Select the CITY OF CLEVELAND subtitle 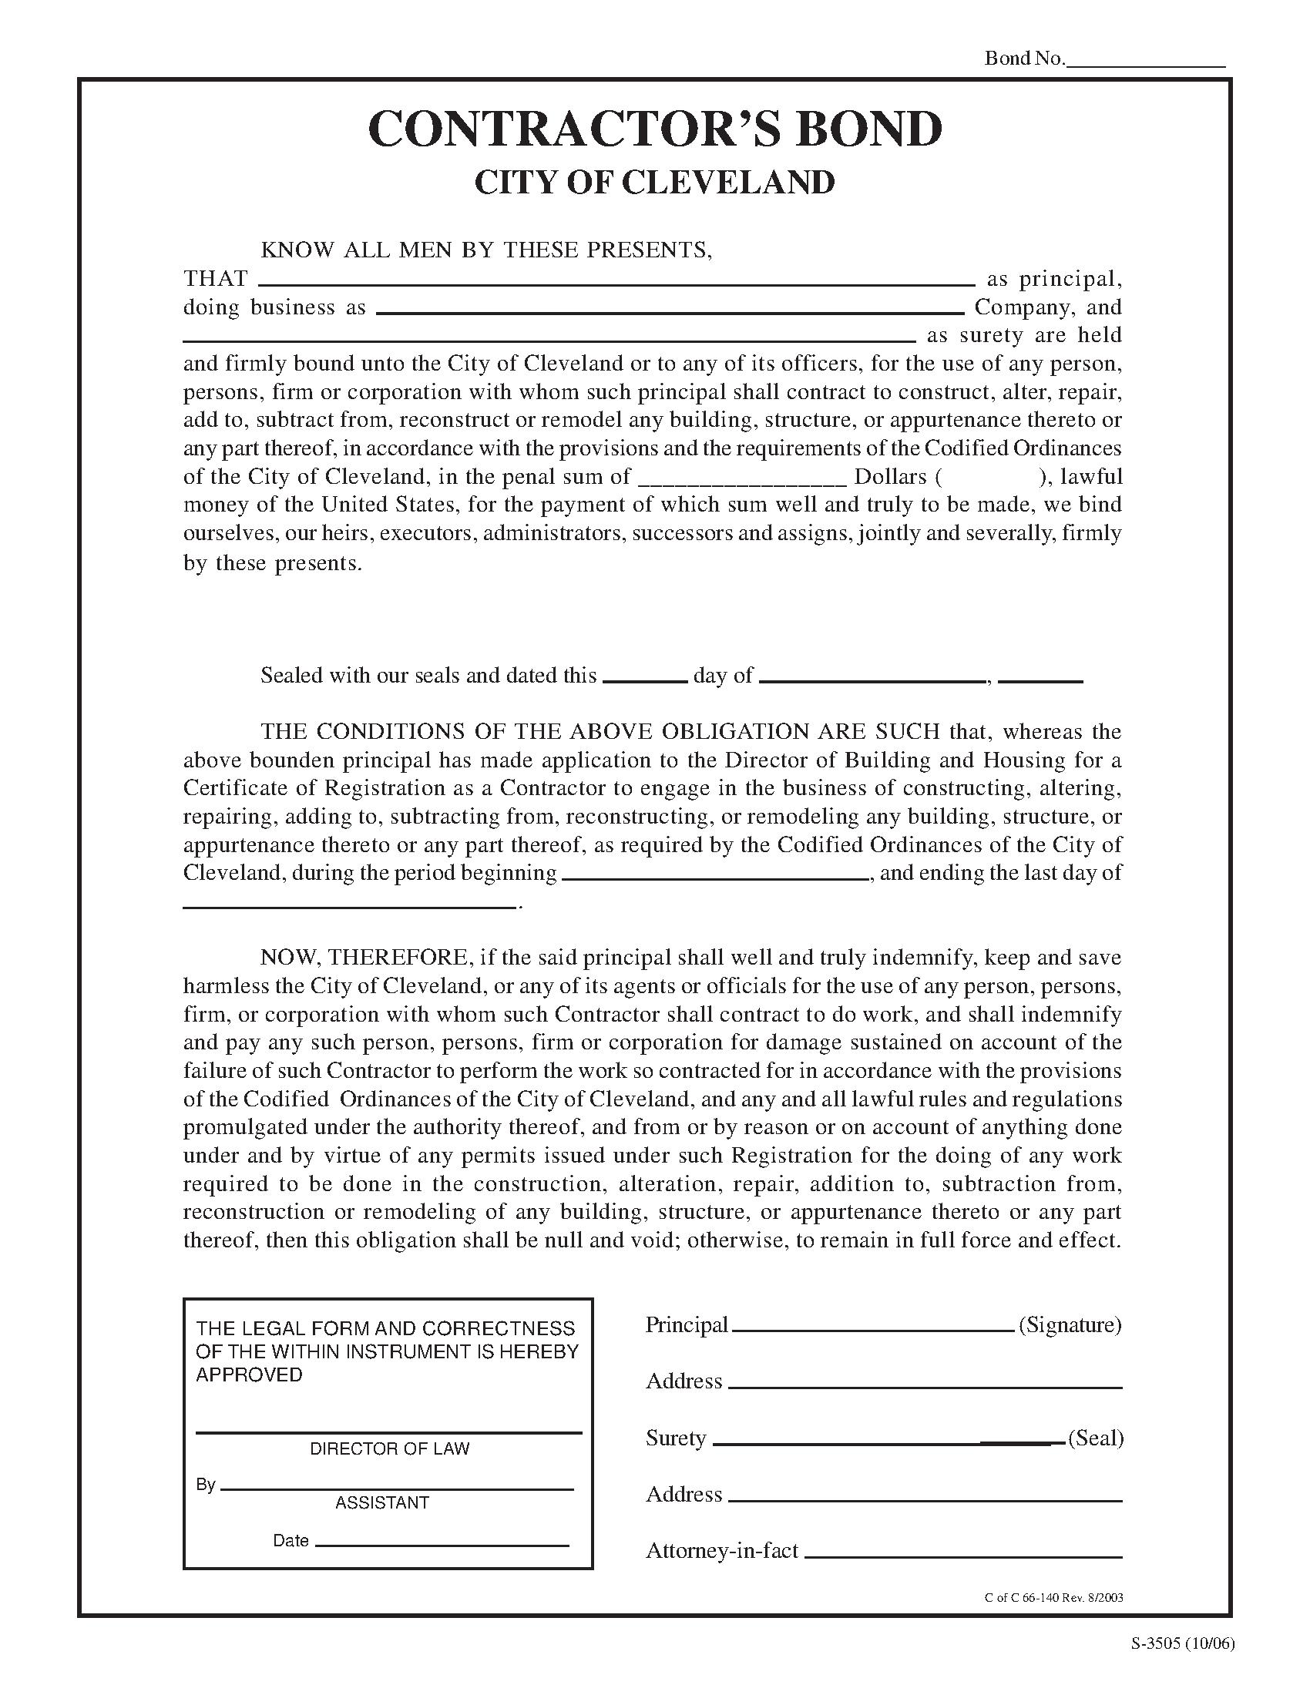tap(654, 183)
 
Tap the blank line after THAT tap(616, 281)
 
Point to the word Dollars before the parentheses tap(890, 476)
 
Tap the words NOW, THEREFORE tap(364, 958)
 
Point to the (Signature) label tap(1070, 1325)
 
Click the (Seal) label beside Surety tap(1095, 1438)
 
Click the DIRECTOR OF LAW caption tap(390, 1448)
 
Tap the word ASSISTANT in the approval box tap(381, 1502)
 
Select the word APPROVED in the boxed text tap(248, 1375)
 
